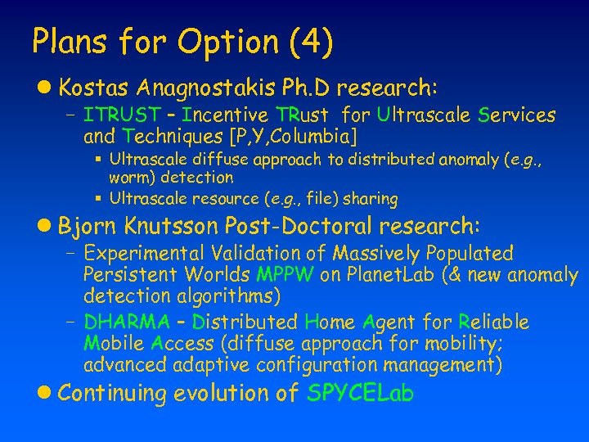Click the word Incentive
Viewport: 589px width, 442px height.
coord(227,115)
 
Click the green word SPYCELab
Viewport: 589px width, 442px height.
coord(360,394)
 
